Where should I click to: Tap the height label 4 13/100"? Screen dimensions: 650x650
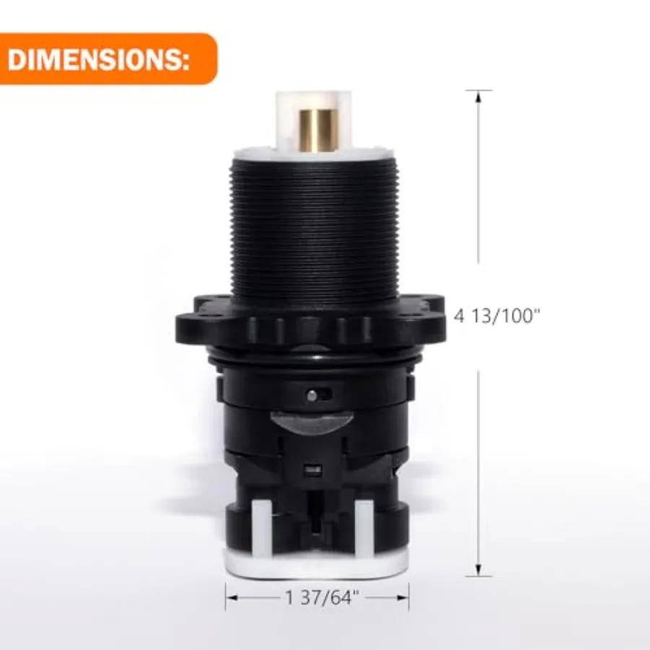coord(498,316)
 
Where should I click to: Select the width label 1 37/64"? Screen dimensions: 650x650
coord(322,597)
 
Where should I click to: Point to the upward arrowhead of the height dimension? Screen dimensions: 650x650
coord(478,96)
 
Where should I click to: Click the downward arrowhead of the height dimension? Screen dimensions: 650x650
coord(478,570)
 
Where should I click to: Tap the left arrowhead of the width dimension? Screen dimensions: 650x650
coord(232,597)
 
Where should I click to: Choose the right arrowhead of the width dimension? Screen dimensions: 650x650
coord(402,597)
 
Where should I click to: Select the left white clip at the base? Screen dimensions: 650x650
coord(261,529)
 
